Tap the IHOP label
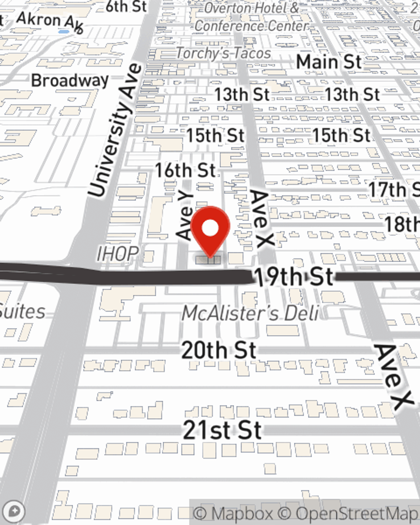[x=118, y=254]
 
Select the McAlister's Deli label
[x=250, y=313]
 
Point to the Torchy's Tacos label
[x=223, y=53]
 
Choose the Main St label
[x=329, y=62]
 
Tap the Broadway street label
[x=70, y=80]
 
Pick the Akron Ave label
[x=50, y=22]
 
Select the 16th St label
[x=185, y=171]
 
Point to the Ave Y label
[x=185, y=216]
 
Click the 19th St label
[x=294, y=277]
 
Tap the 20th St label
[x=218, y=350]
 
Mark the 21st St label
[x=223, y=430]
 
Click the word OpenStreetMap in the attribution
[x=357, y=514]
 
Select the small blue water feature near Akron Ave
[x=64, y=31]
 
